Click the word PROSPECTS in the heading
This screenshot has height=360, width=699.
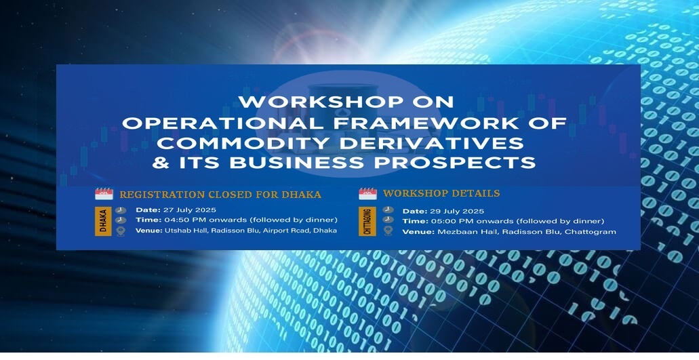coord(455,163)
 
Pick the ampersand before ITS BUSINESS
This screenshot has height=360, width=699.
coord(161,163)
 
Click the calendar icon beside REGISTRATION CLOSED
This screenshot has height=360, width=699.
coord(104,194)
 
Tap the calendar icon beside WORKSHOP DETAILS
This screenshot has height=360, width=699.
coord(367,193)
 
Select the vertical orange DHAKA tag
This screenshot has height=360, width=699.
coord(103,221)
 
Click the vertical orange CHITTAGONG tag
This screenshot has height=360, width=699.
coord(367,222)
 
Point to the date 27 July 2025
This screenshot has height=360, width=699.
coord(190,210)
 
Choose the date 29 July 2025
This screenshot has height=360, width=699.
coord(457,212)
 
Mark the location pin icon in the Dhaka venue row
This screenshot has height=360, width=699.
coord(121,231)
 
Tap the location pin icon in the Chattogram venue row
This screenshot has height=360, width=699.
coord(388,231)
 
